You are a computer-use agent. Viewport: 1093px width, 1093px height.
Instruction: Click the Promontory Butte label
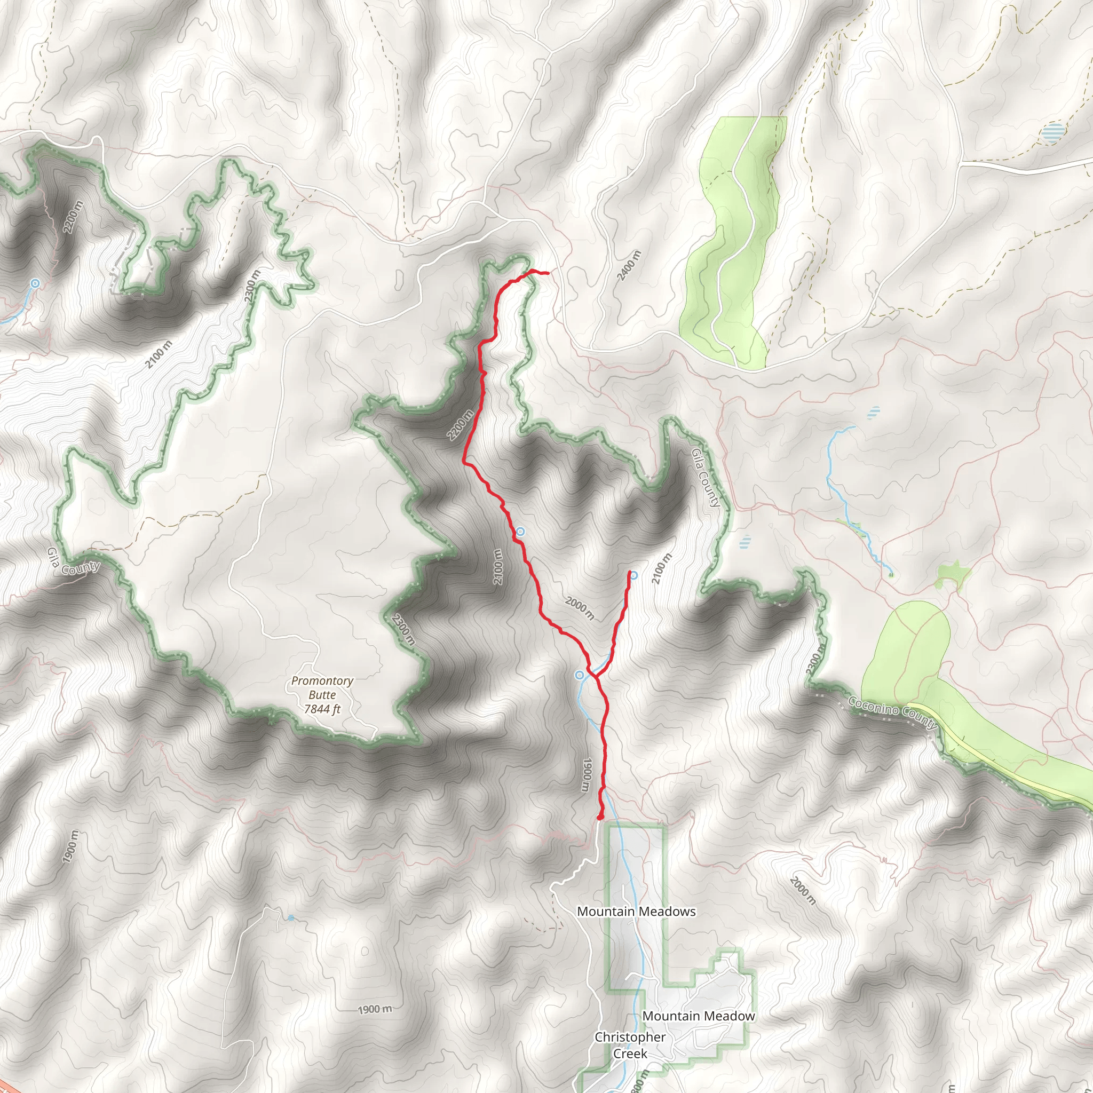click(322, 687)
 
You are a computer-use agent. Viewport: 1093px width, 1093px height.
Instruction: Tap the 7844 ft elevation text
click(322, 709)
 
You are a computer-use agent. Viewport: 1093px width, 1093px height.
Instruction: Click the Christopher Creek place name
click(630, 1046)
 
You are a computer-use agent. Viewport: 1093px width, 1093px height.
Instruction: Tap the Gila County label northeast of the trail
click(706, 478)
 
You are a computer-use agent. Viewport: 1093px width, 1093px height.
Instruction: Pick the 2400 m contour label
click(629, 265)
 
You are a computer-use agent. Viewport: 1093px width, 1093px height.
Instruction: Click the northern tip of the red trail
click(548, 274)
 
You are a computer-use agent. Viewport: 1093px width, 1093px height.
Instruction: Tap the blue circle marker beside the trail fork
click(579, 675)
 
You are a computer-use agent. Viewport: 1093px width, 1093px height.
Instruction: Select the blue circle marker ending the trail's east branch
click(634, 575)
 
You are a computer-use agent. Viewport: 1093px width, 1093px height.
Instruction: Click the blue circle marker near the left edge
click(36, 283)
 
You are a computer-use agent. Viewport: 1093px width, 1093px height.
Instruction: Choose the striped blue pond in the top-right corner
click(1052, 133)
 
